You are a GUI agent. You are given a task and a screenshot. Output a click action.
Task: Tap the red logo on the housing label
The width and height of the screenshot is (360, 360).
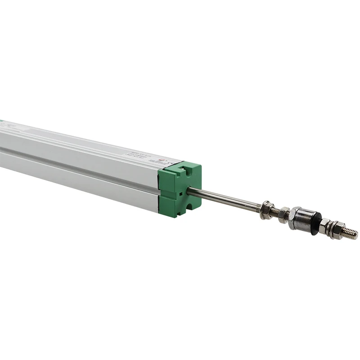164,158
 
